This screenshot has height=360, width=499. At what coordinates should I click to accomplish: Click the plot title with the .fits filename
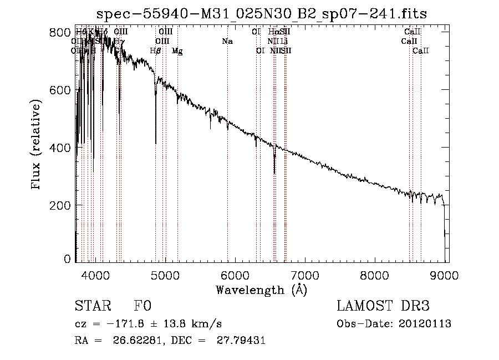[x=262, y=13]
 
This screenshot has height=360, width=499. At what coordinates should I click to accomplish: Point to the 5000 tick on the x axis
[x=165, y=275]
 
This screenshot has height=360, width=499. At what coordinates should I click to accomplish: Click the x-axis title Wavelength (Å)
[x=261, y=290]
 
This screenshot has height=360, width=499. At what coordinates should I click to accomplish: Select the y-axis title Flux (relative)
[x=37, y=145]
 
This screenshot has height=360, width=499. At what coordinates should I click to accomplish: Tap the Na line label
[x=227, y=42]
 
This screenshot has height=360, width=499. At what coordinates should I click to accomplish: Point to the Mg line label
[x=177, y=51]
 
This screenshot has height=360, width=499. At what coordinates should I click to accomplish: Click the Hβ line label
[x=156, y=51]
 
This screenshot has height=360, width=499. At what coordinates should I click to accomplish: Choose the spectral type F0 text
[x=142, y=307]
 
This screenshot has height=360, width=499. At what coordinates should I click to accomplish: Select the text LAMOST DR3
[x=383, y=307]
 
